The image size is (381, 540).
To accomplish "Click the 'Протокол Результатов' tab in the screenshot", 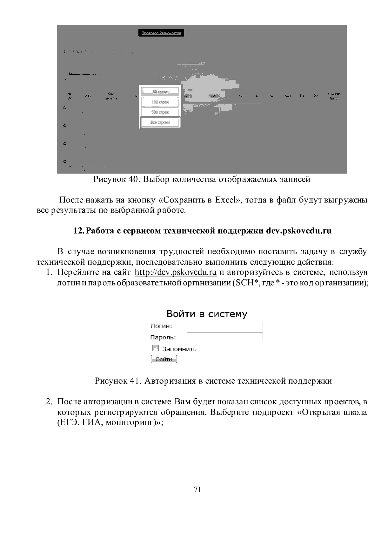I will click(x=161, y=33).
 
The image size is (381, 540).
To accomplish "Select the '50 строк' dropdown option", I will click(x=160, y=92).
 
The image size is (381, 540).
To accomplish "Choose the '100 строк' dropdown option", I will click(x=160, y=102).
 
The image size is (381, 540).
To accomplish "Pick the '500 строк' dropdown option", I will click(x=160, y=112).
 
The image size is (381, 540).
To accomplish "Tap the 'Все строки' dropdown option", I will click(x=160, y=122).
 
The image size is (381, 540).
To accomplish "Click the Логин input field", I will click(x=224, y=326).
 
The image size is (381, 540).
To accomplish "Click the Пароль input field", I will click(x=224, y=337).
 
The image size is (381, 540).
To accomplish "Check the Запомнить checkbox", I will click(x=156, y=348).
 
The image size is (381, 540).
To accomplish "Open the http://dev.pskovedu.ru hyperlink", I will click(x=176, y=272).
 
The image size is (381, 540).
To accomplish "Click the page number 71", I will click(x=197, y=489).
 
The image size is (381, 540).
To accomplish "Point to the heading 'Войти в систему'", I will click(x=207, y=314).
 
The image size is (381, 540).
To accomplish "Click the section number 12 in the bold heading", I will click(x=77, y=231).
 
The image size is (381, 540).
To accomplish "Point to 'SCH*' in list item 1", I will click(x=246, y=283).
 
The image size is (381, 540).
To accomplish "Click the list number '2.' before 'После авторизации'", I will click(x=49, y=402).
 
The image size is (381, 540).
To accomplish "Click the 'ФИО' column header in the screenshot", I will click(x=213, y=96).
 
